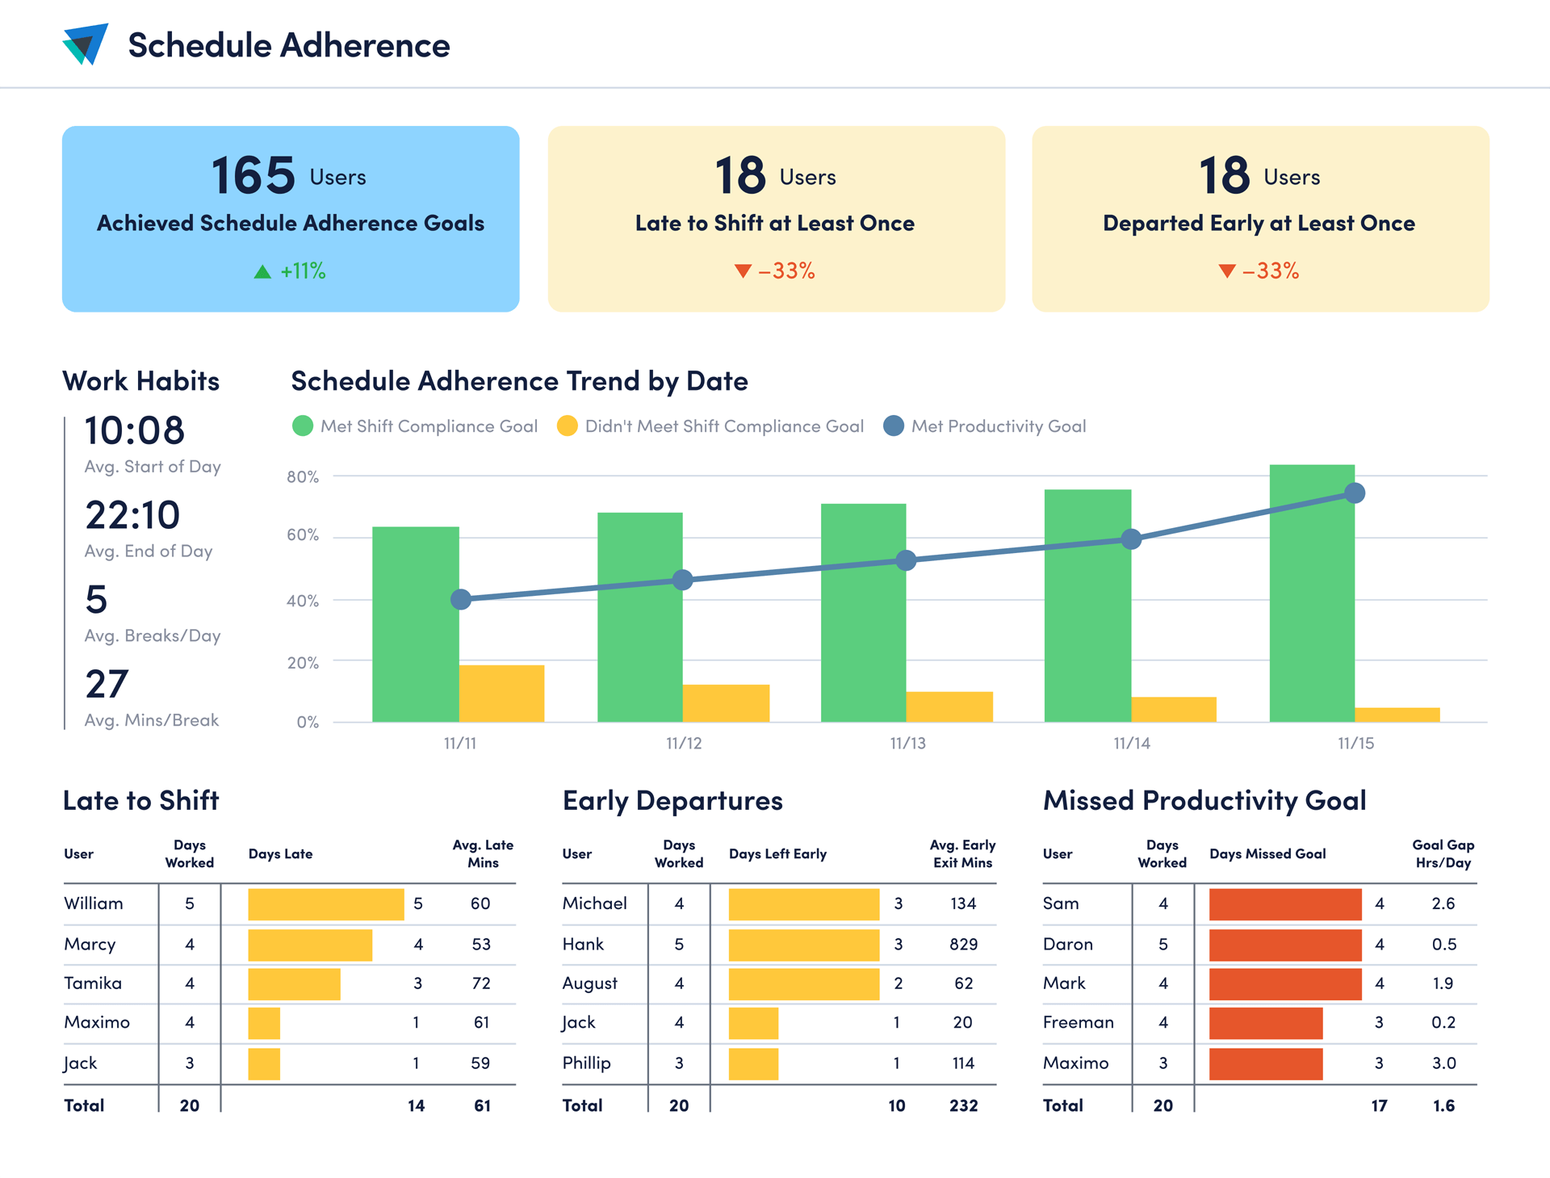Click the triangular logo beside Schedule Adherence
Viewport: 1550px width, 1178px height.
(x=86, y=44)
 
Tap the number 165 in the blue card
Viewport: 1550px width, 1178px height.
(x=253, y=175)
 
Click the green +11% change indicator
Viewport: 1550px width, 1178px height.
(x=291, y=271)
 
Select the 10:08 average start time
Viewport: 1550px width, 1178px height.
(x=135, y=430)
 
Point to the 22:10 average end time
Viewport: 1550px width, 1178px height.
(x=132, y=515)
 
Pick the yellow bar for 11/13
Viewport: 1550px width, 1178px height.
(x=949, y=706)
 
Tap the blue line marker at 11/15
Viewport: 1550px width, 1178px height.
(x=1355, y=493)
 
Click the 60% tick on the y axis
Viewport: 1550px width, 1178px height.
(x=303, y=535)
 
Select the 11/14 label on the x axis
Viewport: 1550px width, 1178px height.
(x=1132, y=744)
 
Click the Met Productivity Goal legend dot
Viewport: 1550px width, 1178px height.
(x=894, y=426)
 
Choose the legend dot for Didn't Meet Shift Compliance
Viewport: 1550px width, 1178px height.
(x=568, y=426)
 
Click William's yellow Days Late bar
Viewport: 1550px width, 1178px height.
(x=325, y=904)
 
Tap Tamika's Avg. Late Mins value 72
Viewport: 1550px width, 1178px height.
(x=481, y=983)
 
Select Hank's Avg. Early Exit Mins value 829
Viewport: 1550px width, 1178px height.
(x=963, y=945)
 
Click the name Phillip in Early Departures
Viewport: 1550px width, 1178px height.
(x=587, y=1063)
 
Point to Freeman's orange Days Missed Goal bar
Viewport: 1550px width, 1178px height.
(x=1265, y=1023)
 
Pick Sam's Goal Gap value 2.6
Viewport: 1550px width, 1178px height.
(x=1443, y=904)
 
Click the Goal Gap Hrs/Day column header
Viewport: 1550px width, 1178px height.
(x=1443, y=854)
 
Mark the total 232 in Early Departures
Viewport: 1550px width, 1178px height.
(x=963, y=1106)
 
